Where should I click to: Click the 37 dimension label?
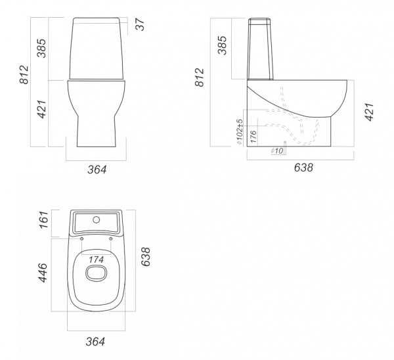[141, 25]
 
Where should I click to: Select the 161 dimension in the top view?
[43, 219]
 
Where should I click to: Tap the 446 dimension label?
[43, 273]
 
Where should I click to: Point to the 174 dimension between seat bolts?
[97, 259]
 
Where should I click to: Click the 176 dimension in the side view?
[253, 137]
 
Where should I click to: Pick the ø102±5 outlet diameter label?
[240, 132]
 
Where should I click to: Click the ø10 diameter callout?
[277, 150]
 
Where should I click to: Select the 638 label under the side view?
[303, 168]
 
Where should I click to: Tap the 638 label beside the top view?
[146, 257]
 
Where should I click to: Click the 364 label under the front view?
[97, 169]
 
